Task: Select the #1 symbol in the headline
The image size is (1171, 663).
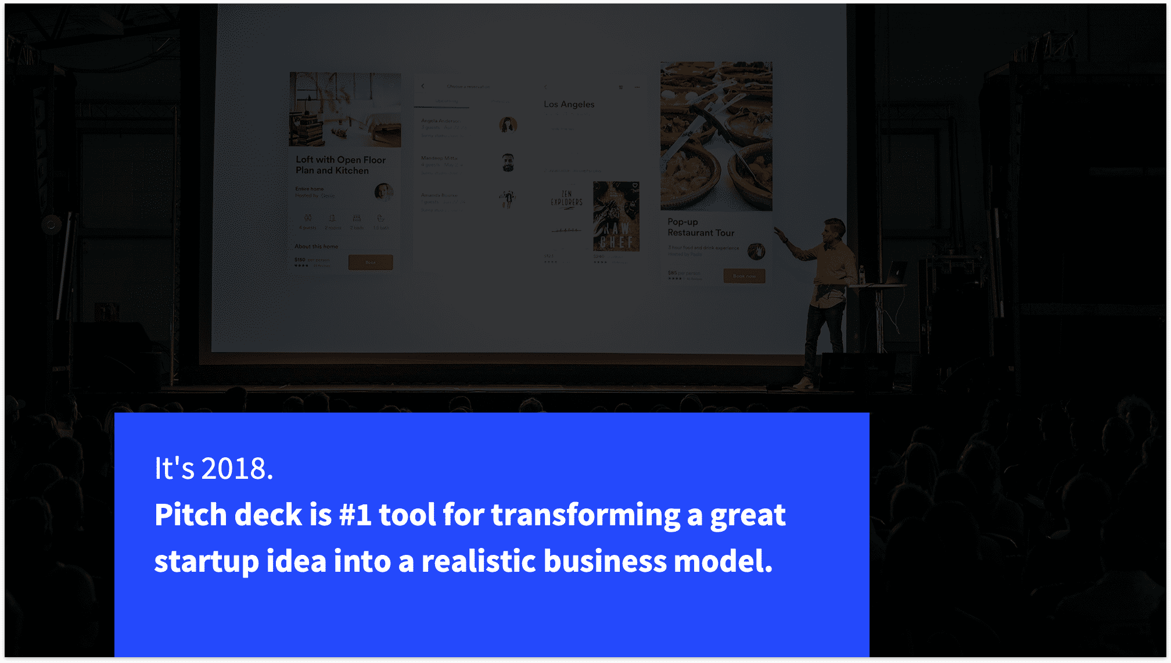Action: pyautogui.click(x=354, y=515)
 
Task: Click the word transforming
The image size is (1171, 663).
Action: pyautogui.click(x=585, y=515)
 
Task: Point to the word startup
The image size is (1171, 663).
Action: pyautogui.click(x=206, y=562)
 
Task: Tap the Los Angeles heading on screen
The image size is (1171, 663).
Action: pyautogui.click(x=569, y=105)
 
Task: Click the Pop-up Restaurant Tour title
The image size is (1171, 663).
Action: pyautogui.click(x=701, y=227)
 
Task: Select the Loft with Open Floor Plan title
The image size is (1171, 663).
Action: pyautogui.click(x=340, y=165)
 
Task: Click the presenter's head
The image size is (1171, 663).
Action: pyautogui.click(x=834, y=229)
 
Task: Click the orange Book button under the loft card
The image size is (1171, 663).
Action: pyautogui.click(x=371, y=263)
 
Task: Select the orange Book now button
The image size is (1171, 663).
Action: pyautogui.click(x=744, y=276)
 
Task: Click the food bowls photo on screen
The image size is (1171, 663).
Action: pyautogui.click(x=716, y=136)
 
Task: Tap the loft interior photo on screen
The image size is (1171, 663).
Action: pyautogui.click(x=345, y=109)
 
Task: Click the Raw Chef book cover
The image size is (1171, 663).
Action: pyautogui.click(x=616, y=216)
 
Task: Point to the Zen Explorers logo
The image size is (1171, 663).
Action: pyautogui.click(x=566, y=199)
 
